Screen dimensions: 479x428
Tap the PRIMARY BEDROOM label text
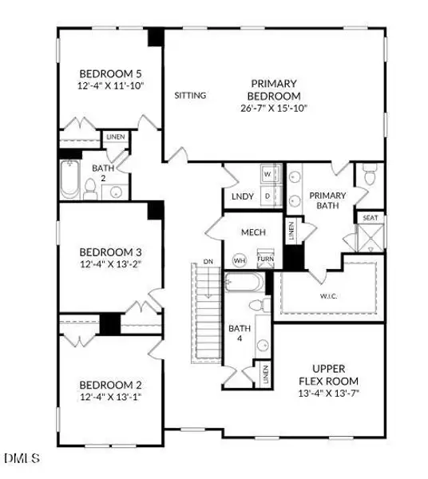pos(275,89)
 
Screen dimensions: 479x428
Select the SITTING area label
pos(191,96)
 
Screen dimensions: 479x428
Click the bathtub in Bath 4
pos(244,283)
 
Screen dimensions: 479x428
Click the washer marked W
pos(268,173)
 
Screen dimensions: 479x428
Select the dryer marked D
pos(268,194)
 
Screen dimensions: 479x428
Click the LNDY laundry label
pos(242,196)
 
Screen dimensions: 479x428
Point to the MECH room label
pos(254,232)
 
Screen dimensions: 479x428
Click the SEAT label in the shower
pos(371,218)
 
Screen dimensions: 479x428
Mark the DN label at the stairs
pos(208,261)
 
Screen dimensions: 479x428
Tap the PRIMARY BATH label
pos(326,200)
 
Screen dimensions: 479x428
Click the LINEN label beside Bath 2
pos(115,137)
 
